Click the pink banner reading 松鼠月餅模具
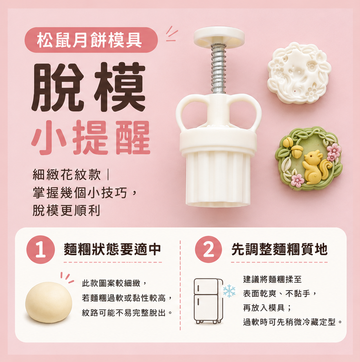[x=91, y=40]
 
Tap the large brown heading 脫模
[x=89, y=87]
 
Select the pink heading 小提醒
[x=91, y=138]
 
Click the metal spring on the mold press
[x=218, y=69]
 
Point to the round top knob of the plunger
[x=219, y=37]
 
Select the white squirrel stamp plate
[x=299, y=73]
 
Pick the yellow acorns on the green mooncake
[x=293, y=147]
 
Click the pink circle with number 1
[x=41, y=250]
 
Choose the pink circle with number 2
[x=208, y=249]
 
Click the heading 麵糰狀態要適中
[x=112, y=249]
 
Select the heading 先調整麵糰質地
[x=280, y=249]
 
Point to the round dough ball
[x=49, y=302]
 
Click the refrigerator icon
[x=208, y=301]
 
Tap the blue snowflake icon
[x=229, y=291]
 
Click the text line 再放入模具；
[x=267, y=308]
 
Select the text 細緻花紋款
[x=67, y=175]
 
